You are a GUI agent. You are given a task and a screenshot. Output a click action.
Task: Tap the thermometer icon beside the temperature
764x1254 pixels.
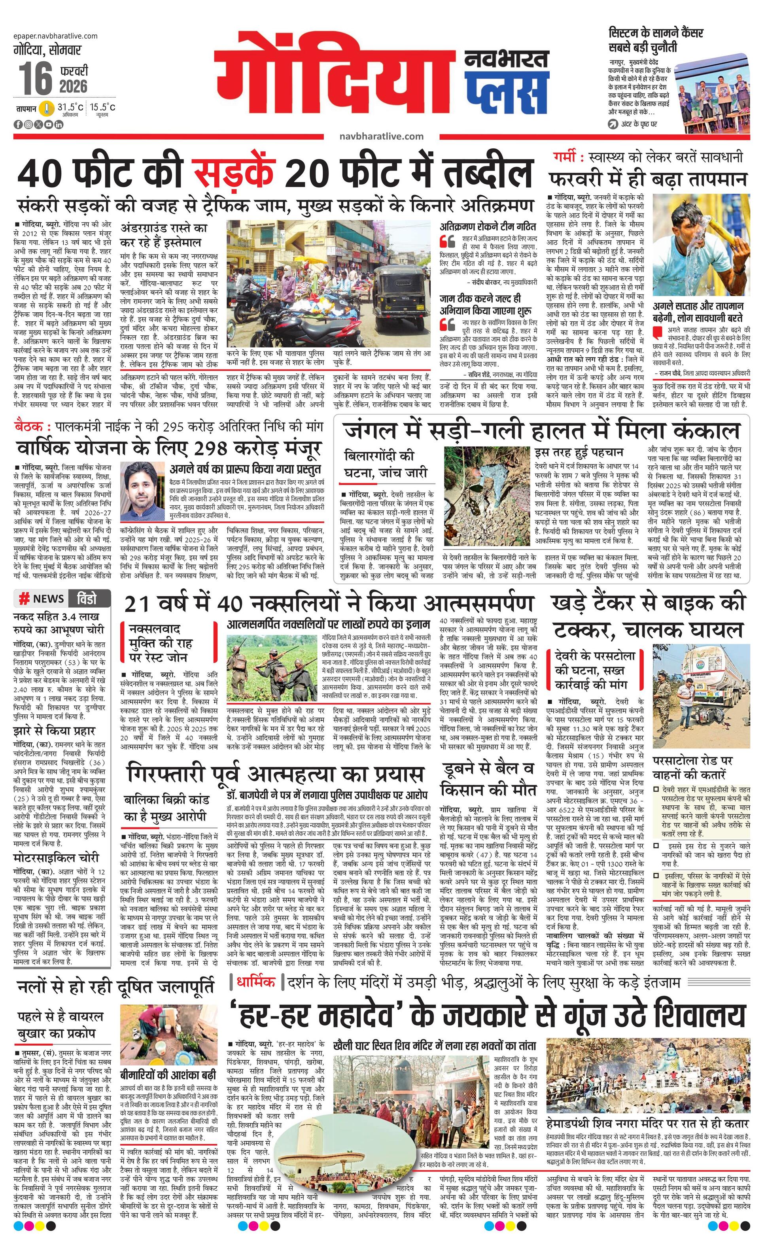[47, 108]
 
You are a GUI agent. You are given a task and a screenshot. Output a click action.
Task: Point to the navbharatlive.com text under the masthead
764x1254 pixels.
[381, 136]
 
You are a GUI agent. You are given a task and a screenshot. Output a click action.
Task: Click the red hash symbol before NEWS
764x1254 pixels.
[23, 599]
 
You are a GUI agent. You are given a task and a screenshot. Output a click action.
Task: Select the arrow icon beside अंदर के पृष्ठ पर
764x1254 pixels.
[614, 124]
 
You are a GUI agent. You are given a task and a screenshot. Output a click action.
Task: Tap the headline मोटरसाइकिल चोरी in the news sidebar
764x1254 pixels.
[56, 858]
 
